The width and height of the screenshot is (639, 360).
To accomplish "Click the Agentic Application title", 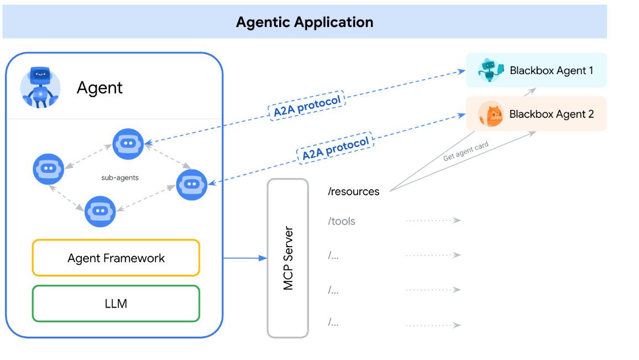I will coord(305,22).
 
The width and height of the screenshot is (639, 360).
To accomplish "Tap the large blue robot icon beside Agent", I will coord(40,87).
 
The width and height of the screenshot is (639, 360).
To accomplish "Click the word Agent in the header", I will coord(99,87).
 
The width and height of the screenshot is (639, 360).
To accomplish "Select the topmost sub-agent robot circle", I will coord(128,143).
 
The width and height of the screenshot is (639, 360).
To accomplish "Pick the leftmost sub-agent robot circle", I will coord(49,168).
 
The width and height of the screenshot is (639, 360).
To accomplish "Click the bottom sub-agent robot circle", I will coord(100,211).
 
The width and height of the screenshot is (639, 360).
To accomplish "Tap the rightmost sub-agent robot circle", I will coord(192,185).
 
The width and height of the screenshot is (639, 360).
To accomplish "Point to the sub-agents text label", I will coord(120,178).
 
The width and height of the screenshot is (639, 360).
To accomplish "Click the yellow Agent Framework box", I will coord(116,258).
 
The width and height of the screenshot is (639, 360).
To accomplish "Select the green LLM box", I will coord(116,303).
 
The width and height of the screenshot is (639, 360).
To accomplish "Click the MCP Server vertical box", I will coord(287,258).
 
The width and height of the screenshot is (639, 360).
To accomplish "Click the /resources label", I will coord(354,191).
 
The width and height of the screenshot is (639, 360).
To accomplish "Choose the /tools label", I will coord(342,221).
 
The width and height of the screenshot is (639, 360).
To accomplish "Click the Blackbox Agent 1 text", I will coord(551,71).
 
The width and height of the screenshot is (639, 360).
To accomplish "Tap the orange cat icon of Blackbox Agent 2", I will coord(490,114).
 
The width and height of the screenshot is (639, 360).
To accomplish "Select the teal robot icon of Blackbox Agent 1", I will coord(490,70).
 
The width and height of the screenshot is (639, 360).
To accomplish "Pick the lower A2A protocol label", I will coord(336,148).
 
